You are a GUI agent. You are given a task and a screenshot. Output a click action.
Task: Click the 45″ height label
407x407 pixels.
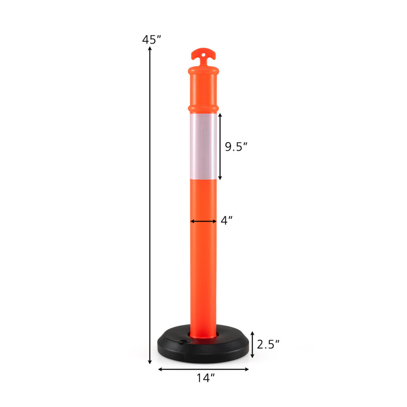click(151, 40)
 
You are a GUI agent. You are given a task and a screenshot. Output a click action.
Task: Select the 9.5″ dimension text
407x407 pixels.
click(236, 147)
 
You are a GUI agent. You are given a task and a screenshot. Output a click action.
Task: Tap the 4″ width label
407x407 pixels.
click(227, 220)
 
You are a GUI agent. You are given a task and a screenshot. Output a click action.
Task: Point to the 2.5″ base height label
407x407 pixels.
click(268, 345)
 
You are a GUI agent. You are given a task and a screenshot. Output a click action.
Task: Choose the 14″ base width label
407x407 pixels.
click(206, 378)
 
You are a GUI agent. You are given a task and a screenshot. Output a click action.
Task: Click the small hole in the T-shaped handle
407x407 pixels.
click(203, 55)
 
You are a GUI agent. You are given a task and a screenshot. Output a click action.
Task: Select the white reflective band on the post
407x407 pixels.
click(203, 146)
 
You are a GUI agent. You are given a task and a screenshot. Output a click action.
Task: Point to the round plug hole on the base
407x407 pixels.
click(184, 341)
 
